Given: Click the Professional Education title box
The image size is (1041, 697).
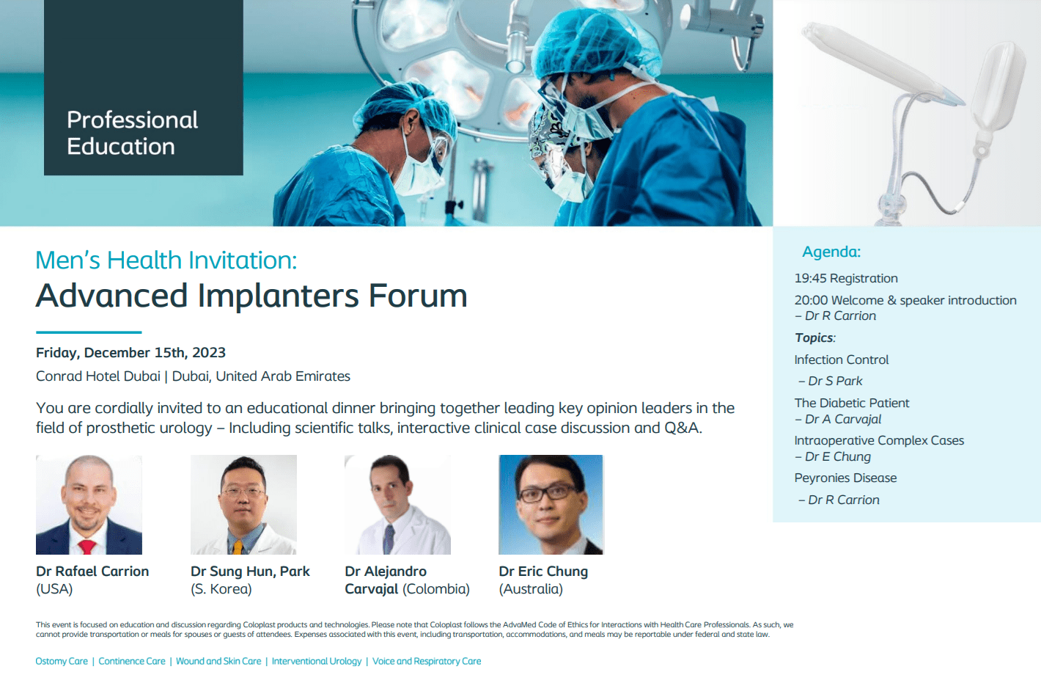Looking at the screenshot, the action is [143, 87].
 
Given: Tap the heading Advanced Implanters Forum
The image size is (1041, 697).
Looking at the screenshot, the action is [251, 296].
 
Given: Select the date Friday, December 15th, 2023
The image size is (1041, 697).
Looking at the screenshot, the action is [130, 353].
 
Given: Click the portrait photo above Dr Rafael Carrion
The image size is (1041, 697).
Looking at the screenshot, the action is [89, 505].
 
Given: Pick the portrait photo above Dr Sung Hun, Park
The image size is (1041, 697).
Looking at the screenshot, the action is [243, 505].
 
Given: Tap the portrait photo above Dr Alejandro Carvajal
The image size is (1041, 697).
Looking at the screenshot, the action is [397, 505].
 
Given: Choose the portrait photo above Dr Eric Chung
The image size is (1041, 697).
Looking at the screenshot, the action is [551, 505].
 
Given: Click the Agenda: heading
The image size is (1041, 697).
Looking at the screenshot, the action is [831, 252].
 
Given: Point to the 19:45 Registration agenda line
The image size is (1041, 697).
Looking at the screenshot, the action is [846, 279].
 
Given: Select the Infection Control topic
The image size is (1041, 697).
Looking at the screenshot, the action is [841, 360].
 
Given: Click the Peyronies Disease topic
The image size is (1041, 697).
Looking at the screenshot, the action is [845, 478].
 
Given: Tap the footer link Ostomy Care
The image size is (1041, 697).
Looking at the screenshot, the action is [62, 661].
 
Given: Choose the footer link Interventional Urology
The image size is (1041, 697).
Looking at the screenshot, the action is [317, 661].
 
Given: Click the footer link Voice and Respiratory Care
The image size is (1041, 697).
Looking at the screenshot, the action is [427, 661].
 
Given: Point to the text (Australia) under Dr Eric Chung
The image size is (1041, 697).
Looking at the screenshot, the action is [531, 589].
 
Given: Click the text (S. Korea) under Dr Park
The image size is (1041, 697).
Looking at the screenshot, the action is [221, 589].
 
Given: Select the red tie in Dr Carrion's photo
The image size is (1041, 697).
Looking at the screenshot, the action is [87, 547].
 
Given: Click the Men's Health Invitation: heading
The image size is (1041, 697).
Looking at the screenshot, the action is [166, 260].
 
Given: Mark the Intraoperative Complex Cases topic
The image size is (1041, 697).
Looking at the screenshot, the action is [879, 441].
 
